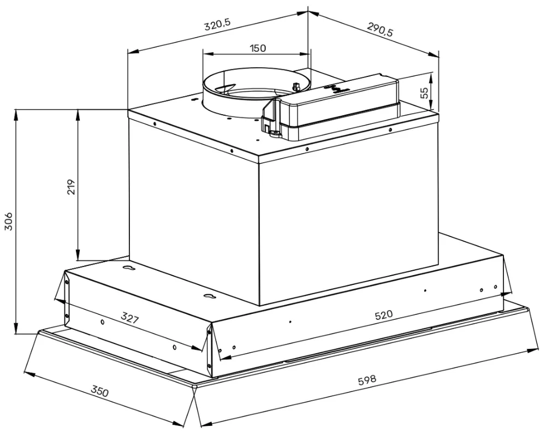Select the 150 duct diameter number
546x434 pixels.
[258, 48]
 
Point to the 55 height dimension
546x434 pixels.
[425, 92]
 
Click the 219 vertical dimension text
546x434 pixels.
[70, 186]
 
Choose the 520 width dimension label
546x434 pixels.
[384, 316]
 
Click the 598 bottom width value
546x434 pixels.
[367, 379]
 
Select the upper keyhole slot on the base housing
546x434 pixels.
[128, 268]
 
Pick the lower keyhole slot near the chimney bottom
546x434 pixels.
[208, 296]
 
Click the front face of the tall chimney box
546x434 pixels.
[349, 218]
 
